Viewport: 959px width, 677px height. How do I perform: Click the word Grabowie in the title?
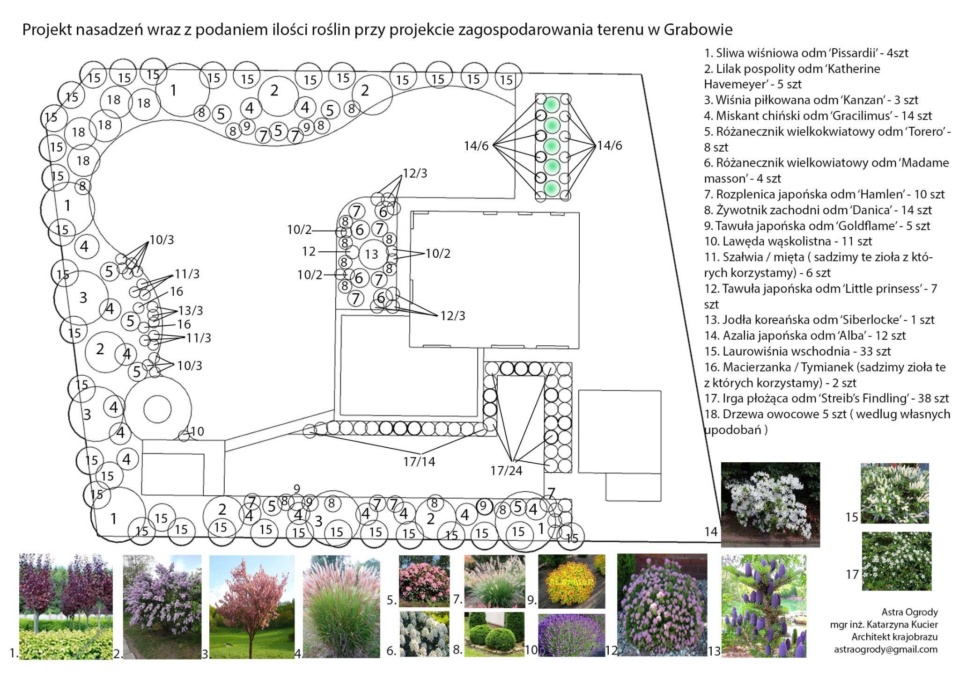tap(698, 29)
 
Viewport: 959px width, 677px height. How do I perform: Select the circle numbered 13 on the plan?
tap(372, 254)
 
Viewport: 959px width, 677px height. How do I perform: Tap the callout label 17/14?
tap(419, 462)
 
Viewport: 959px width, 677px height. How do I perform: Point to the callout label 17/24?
tap(506, 471)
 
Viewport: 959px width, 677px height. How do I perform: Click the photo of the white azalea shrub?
tap(770, 504)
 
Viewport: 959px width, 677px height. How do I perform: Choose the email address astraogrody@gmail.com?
tap(885, 649)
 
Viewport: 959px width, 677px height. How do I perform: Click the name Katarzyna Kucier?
tap(893, 625)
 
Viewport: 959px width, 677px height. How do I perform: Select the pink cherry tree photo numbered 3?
tap(251, 607)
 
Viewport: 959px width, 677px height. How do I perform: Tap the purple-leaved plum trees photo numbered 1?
tap(66, 606)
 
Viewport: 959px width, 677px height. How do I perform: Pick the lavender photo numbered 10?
tap(571, 635)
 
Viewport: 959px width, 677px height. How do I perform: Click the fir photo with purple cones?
tap(764, 606)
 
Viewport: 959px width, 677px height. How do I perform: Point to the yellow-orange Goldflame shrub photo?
tap(571, 581)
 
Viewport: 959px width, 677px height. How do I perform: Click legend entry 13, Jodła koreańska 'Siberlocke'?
tap(819, 320)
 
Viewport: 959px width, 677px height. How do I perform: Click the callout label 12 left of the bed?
tap(309, 252)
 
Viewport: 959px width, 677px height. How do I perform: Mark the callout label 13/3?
tap(191, 311)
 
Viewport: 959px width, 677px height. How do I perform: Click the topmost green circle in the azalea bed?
tap(552, 104)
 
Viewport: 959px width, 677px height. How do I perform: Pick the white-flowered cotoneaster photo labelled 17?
tap(896, 561)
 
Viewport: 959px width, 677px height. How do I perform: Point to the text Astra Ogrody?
tap(909, 612)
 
